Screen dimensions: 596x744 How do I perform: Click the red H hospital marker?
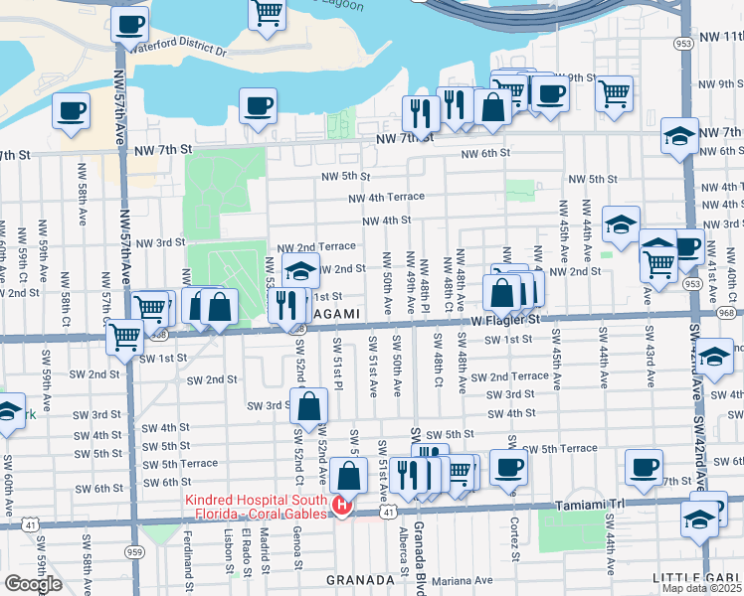pyautogui.click(x=341, y=507)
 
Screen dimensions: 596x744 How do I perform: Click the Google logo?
pyautogui.click(x=33, y=584)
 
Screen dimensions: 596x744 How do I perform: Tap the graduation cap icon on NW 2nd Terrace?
pyautogui.click(x=300, y=270)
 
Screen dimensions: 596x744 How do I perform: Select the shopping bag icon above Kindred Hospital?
pyautogui.click(x=348, y=473)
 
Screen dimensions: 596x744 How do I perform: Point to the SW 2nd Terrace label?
pyautogui.click(x=509, y=376)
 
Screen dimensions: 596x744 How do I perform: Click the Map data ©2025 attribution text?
pyautogui.click(x=702, y=588)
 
